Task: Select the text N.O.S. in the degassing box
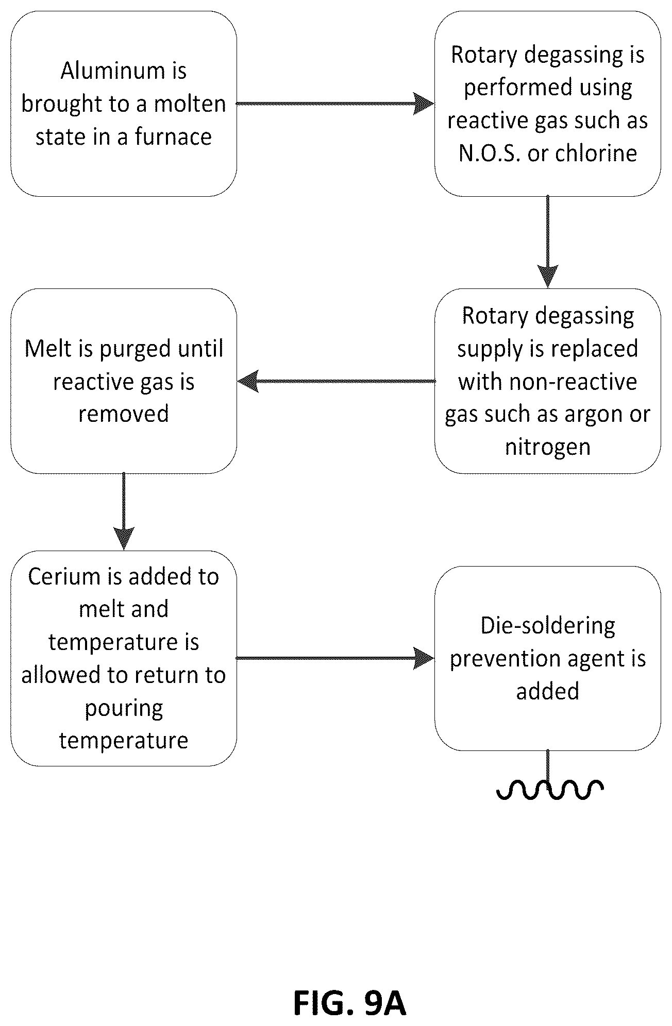click(x=489, y=153)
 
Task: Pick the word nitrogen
click(x=548, y=447)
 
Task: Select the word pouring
click(x=124, y=709)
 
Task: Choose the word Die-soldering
click(x=548, y=626)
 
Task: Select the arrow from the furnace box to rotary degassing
click(x=335, y=104)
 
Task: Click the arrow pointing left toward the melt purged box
click(x=337, y=382)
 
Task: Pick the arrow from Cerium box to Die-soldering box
click(x=335, y=658)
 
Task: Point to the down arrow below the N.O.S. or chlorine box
click(x=547, y=242)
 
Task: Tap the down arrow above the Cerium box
click(x=124, y=511)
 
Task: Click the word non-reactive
click(x=573, y=382)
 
